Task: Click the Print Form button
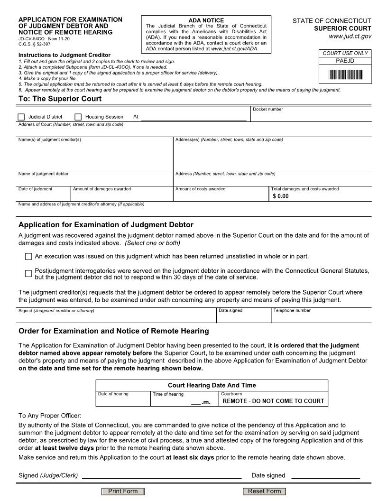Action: click(x=123, y=491)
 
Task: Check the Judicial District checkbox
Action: click(x=21, y=117)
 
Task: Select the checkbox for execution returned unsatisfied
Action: click(x=28, y=257)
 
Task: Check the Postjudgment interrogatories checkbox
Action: click(x=28, y=274)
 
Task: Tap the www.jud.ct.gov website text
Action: click(x=350, y=36)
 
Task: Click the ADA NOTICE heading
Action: click(x=206, y=20)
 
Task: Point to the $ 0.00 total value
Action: click(x=281, y=196)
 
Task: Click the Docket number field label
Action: click(x=267, y=110)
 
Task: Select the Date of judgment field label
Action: click(x=36, y=189)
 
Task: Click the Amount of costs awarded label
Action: click(x=201, y=189)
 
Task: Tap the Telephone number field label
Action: click(x=292, y=311)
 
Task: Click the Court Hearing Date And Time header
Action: click(x=212, y=385)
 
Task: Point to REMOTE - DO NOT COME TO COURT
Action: click(x=273, y=401)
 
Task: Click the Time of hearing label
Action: click(x=168, y=394)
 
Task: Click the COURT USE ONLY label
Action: click(x=345, y=53)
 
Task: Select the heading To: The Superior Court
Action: click(x=60, y=99)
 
